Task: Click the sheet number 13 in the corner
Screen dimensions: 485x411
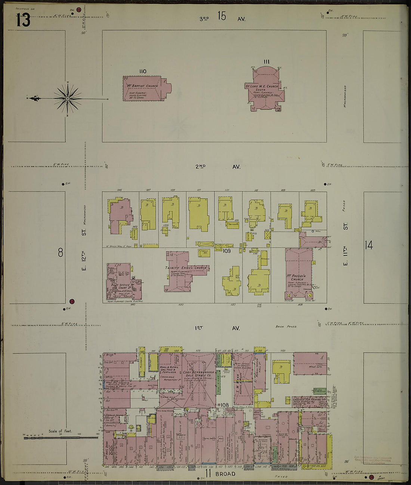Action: click(x=23, y=20)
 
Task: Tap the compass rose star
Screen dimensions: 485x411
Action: click(x=68, y=98)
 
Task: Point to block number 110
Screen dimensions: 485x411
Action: click(x=142, y=72)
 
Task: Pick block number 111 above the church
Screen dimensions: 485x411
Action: click(x=266, y=62)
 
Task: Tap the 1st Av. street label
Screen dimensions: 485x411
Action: click(x=217, y=328)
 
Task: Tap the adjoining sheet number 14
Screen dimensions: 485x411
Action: click(x=369, y=245)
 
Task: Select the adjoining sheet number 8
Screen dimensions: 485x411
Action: click(x=61, y=253)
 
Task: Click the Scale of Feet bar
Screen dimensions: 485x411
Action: click(x=60, y=437)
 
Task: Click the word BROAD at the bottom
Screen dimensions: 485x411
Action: click(x=225, y=474)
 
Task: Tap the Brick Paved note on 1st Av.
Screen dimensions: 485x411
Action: click(x=286, y=326)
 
